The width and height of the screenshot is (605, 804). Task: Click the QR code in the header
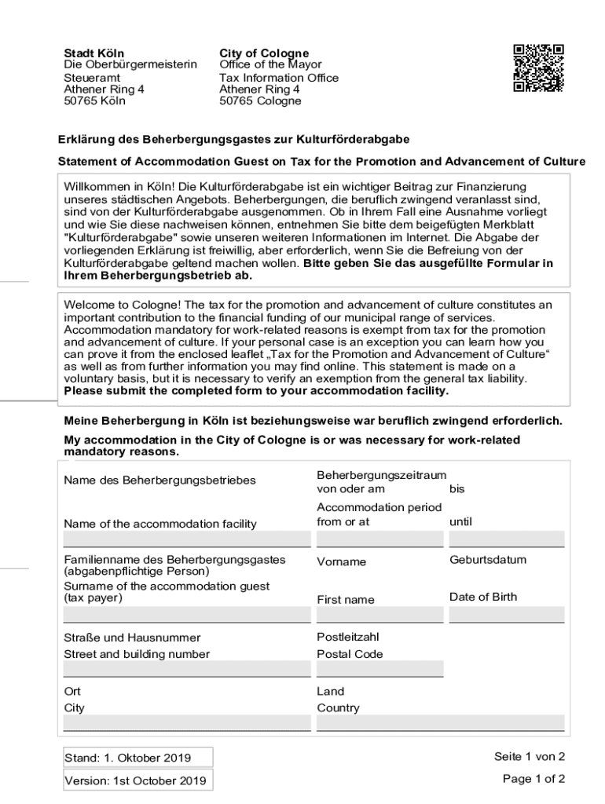538,68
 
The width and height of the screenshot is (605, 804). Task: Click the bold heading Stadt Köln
93,53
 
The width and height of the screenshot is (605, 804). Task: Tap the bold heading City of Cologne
264,53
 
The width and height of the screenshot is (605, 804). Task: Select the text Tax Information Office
279,78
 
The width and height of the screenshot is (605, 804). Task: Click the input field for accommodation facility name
186,539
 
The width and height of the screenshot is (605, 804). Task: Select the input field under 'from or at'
379,539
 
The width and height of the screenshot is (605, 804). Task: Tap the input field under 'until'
506,539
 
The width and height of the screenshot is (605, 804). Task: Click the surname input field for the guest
186,615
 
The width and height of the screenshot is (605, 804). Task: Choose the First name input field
379,615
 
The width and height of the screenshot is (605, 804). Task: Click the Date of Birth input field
506,615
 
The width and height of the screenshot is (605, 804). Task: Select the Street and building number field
186,669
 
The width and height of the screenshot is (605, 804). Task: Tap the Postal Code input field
379,669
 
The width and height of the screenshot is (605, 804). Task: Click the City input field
186,723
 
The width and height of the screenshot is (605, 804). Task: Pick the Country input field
440,723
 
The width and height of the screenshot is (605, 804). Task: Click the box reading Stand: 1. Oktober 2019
137,758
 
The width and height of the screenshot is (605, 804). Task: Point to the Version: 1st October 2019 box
137,780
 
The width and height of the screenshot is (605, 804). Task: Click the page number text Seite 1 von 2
530,757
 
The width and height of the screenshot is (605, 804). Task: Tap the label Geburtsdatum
488,560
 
